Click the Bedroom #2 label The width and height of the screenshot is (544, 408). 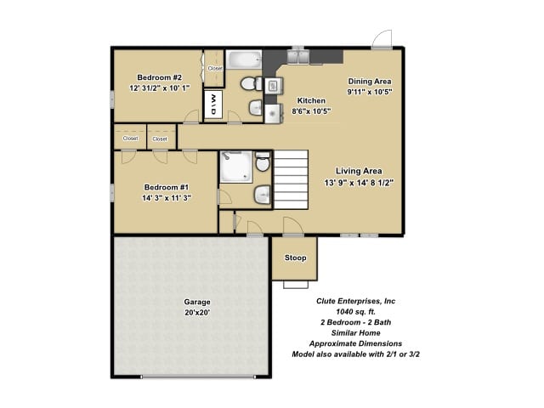click(x=159, y=77)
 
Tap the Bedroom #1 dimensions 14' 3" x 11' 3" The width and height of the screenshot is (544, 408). click(x=167, y=198)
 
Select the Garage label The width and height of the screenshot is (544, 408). click(x=197, y=302)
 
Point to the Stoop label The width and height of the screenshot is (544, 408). click(x=296, y=258)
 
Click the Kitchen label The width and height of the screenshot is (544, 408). click(x=311, y=100)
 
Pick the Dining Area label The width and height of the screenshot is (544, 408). click(x=370, y=82)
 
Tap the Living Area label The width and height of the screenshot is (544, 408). click(x=359, y=171)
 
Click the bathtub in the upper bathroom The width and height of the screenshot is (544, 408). click(x=244, y=60)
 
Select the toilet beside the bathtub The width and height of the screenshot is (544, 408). click(x=252, y=84)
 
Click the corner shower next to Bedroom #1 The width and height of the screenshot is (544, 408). click(x=236, y=167)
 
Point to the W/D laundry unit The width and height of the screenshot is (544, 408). click(x=213, y=105)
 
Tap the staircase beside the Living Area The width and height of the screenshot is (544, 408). click(x=291, y=179)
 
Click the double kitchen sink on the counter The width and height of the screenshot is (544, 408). click(x=298, y=57)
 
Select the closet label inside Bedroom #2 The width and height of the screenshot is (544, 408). click(x=215, y=68)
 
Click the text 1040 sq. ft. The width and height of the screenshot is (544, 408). click(x=355, y=312)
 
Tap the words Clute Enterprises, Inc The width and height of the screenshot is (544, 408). click(x=355, y=301)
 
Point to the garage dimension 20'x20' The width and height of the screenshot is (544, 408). click(x=197, y=313)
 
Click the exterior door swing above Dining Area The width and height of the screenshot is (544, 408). click(x=382, y=39)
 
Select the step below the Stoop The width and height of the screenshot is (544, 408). click(x=296, y=285)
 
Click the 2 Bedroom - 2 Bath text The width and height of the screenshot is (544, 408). click(x=355, y=322)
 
